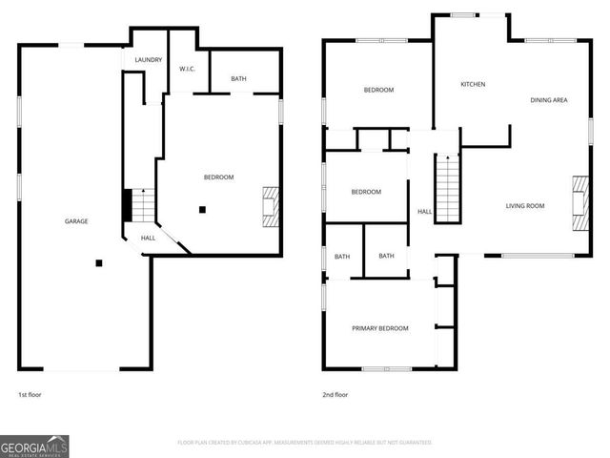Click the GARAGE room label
tap(76, 221)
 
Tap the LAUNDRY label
tap(148, 60)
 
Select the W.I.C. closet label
tap(188, 69)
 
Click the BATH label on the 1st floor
tap(238, 78)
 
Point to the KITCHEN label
tap(473, 84)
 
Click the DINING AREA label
tap(549, 99)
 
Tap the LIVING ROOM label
tap(524, 206)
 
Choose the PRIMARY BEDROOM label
tap(380, 328)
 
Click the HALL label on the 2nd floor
tap(424, 212)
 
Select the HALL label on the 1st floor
tap(149, 238)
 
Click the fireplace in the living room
tap(579, 204)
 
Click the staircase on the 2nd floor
tap(448, 188)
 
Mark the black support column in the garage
tap(98, 263)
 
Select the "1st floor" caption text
tap(30, 394)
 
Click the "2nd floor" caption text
tap(335, 394)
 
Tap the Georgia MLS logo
tap(34, 446)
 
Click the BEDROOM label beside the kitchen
tap(378, 90)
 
